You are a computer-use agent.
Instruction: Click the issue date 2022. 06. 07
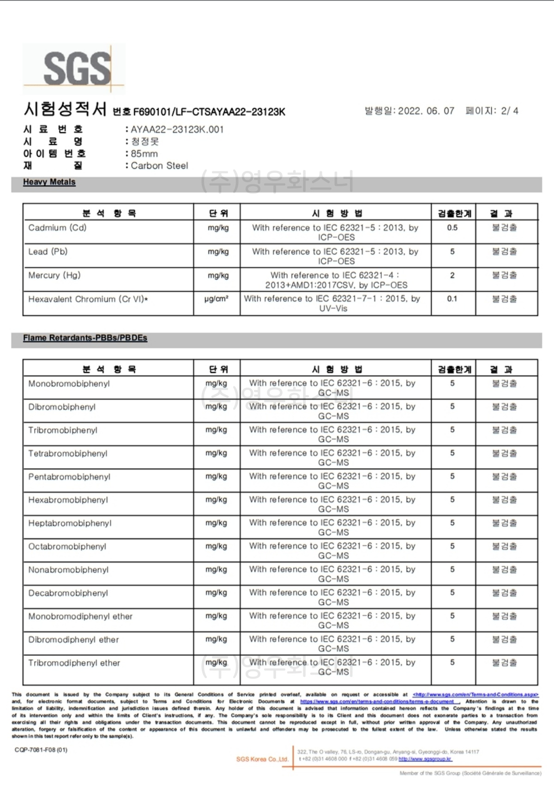pyautogui.click(x=426, y=111)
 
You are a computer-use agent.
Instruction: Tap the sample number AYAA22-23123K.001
pyautogui.click(x=177, y=129)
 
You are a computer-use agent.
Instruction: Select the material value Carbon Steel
pyautogui.click(x=159, y=165)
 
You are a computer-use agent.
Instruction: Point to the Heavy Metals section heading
pyautogui.click(x=49, y=182)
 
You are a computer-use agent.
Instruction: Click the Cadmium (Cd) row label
pyautogui.click(x=57, y=228)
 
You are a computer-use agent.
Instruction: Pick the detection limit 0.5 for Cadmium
pyautogui.click(x=452, y=228)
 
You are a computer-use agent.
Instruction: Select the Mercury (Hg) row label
pyautogui.click(x=54, y=275)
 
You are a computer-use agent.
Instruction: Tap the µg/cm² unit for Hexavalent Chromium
pyautogui.click(x=216, y=299)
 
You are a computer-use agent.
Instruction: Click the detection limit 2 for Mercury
pyautogui.click(x=452, y=275)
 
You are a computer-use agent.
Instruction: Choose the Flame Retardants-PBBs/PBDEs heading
pyautogui.click(x=85, y=338)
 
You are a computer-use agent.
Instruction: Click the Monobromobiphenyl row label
pyautogui.click(x=69, y=383)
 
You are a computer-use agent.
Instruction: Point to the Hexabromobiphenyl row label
pyautogui.click(x=68, y=500)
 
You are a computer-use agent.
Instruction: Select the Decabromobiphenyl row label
pyautogui.click(x=68, y=593)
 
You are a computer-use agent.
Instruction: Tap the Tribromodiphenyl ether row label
pyautogui.click(x=74, y=663)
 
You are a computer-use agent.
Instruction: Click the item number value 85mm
pyautogui.click(x=144, y=153)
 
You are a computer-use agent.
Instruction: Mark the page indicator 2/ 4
pyautogui.click(x=510, y=111)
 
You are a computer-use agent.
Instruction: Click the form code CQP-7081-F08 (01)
pyautogui.click(x=41, y=750)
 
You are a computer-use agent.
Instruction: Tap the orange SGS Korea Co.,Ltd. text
pyautogui.click(x=262, y=759)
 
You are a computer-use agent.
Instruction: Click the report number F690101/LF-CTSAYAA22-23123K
pyautogui.click(x=209, y=112)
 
